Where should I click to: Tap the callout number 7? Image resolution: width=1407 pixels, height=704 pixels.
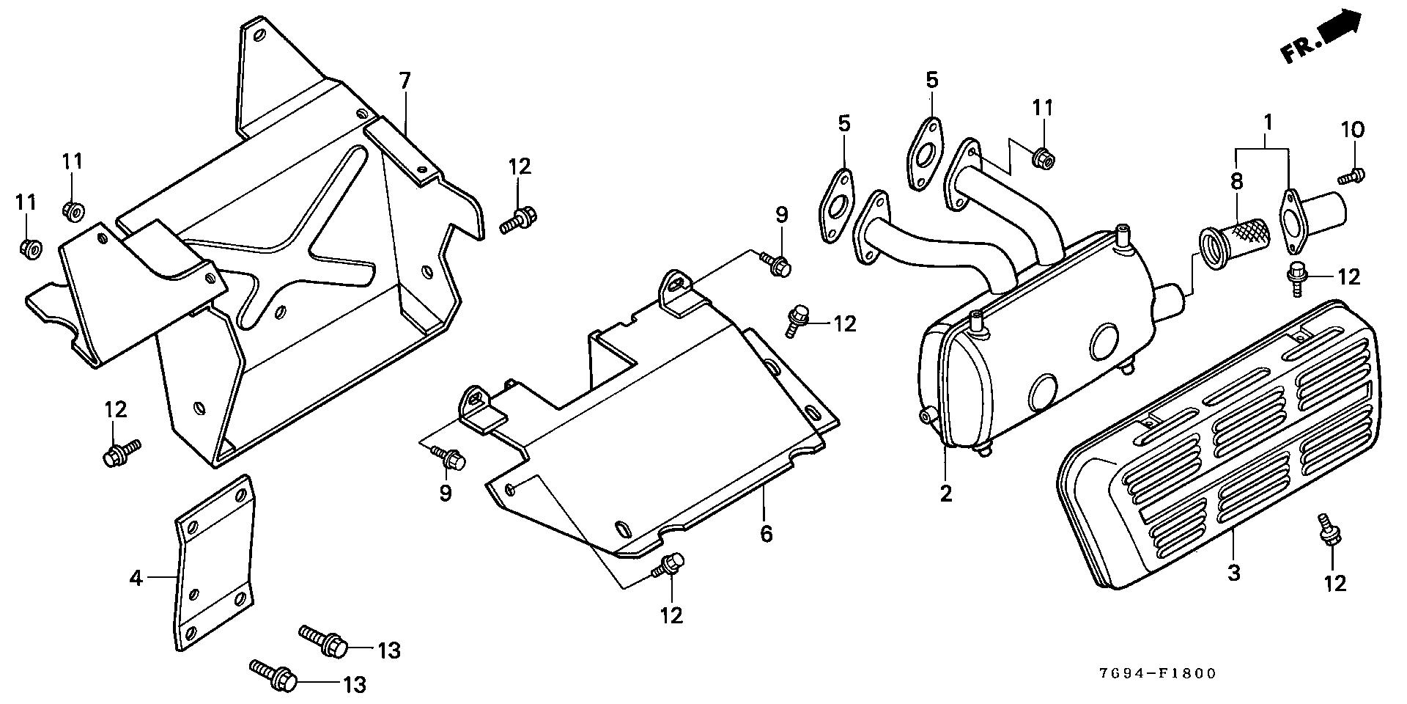(x=405, y=81)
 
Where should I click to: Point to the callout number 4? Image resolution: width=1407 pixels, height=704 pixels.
(x=136, y=579)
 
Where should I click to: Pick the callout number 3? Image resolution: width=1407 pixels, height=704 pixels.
(x=1233, y=572)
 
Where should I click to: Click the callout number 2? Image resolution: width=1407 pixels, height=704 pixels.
(x=946, y=494)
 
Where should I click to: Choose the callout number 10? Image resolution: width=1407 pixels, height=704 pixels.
(x=1353, y=131)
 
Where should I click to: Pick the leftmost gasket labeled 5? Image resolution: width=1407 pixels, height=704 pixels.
(x=836, y=205)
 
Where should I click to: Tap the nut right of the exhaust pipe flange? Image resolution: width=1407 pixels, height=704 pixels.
(x=1041, y=157)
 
